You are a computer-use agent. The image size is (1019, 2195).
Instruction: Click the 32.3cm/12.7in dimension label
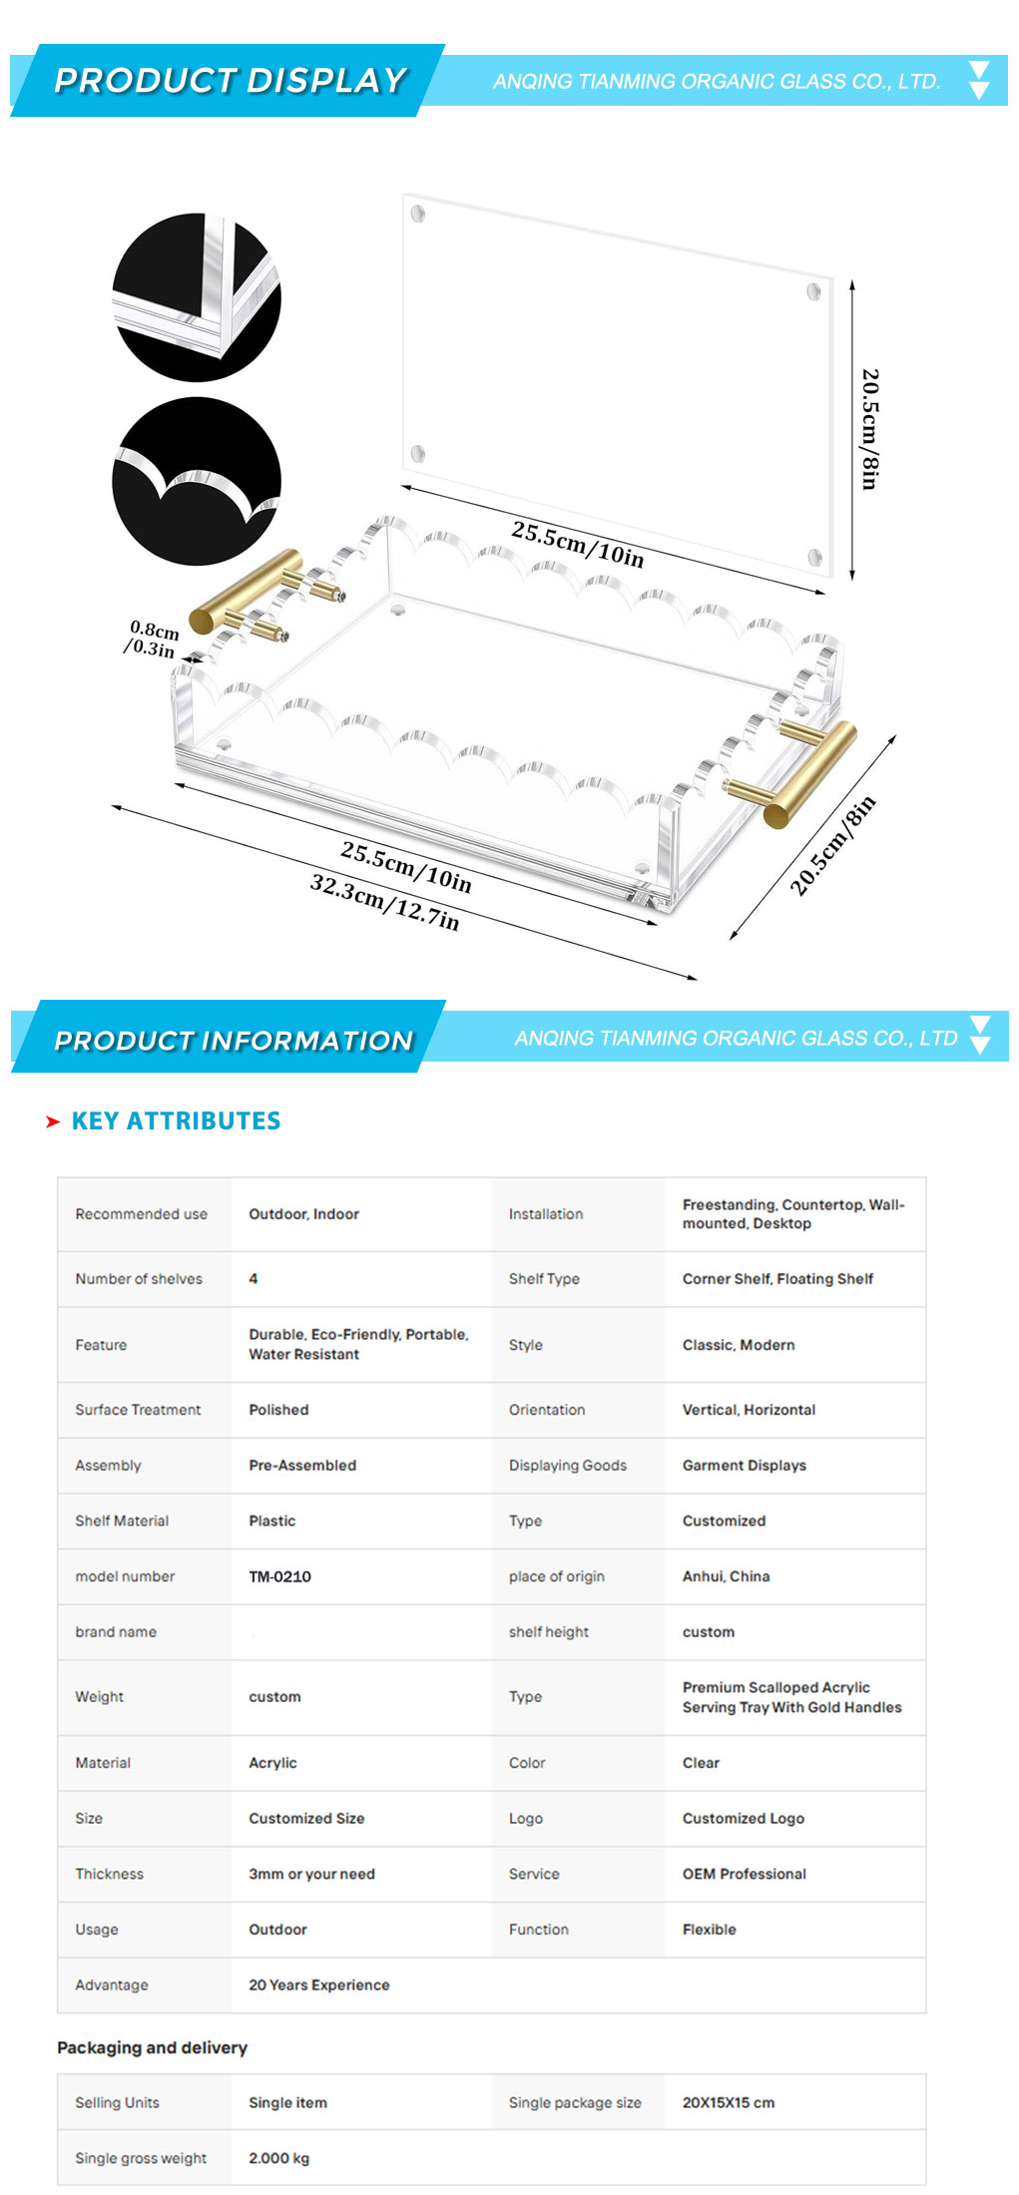(385, 902)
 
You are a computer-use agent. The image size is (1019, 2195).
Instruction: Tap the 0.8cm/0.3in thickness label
(152, 639)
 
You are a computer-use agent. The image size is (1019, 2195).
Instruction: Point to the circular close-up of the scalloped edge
(197, 481)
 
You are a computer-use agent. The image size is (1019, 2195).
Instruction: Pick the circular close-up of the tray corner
(197, 297)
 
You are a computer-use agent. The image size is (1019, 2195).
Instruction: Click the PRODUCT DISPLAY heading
(231, 80)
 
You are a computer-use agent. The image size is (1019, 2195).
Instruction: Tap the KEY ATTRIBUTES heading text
(176, 1120)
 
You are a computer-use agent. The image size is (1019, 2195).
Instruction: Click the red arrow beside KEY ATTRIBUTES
(53, 1121)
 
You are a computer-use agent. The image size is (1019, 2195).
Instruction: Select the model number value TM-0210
(279, 1576)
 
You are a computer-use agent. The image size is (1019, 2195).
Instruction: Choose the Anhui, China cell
(726, 1576)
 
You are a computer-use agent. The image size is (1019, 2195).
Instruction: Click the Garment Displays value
(745, 1465)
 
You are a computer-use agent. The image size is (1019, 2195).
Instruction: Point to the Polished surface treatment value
(278, 1410)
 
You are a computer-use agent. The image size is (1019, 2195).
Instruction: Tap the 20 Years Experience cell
(319, 1984)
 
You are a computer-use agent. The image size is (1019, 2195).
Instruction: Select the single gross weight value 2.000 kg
(278, 2158)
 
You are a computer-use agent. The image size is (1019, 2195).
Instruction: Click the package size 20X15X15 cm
(729, 2102)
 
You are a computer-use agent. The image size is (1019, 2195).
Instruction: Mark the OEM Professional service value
(745, 1874)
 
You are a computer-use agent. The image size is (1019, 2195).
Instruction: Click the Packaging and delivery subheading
(152, 2047)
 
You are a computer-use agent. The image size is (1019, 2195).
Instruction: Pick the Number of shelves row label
(139, 1278)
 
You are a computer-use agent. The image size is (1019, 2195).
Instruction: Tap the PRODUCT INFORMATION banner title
(234, 1041)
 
